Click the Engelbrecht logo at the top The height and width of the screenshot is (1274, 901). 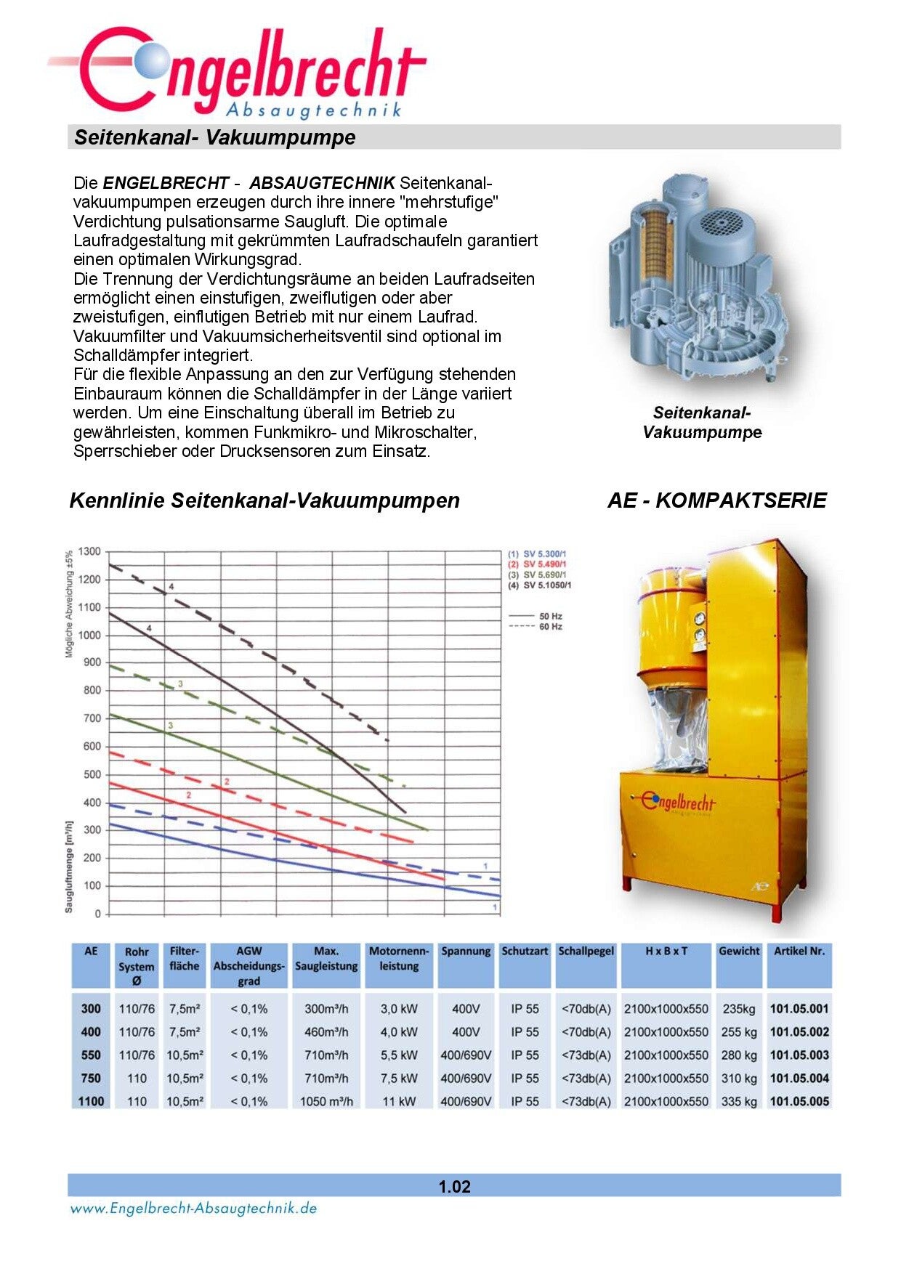pyautogui.click(x=240, y=73)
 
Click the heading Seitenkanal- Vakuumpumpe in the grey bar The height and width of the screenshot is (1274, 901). pyautogui.click(x=215, y=137)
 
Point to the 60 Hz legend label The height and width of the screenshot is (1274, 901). pyautogui.click(x=550, y=627)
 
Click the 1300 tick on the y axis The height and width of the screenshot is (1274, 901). pyautogui.click(x=89, y=552)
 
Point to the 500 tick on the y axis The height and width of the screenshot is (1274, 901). pyautogui.click(x=92, y=775)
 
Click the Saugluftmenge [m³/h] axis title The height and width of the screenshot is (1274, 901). pyautogui.click(x=69, y=867)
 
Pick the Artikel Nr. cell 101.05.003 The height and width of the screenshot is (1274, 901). pyautogui.click(x=799, y=1055)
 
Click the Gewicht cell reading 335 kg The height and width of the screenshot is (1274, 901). pyautogui.click(x=739, y=1102)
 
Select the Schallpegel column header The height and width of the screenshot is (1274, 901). pyautogui.click(x=586, y=952)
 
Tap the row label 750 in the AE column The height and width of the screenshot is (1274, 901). pyautogui.click(x=91, y=1079)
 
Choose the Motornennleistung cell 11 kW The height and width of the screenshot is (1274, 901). pyautogui.click(x=399, y=1102)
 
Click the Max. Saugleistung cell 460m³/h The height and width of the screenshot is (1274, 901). pyautogui.click(x=326, y=1032)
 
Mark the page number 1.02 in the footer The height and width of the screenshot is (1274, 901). pyautogui.click(x=454, y=1187)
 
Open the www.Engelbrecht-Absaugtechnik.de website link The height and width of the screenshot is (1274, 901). pyautogui.click(x=193, y=1209)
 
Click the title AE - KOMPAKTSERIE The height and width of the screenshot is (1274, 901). pyautogui.click(x=716, y=500)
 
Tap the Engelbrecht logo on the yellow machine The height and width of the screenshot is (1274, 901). pyautogui.click(x=679, y=803)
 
